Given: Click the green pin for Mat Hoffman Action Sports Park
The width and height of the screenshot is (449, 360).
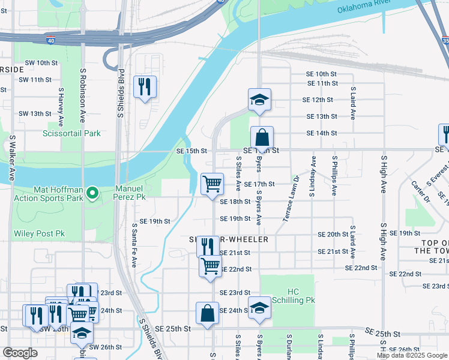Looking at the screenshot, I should point(92,193).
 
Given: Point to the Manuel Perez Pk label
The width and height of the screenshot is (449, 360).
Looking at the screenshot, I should point(130,192).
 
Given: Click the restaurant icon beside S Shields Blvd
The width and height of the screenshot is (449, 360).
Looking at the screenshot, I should point(145,86).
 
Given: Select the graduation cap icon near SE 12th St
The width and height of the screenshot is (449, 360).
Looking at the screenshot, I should point(259,99).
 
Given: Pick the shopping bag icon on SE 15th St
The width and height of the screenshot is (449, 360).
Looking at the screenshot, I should point(262,137).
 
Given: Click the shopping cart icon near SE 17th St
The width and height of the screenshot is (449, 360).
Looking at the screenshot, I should point(212,184).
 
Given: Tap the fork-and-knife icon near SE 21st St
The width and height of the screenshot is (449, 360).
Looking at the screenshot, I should point(208,246).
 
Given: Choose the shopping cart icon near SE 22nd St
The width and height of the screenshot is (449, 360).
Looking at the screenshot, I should point(210,265).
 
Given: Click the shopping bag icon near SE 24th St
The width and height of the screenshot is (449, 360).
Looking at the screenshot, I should point(207,313).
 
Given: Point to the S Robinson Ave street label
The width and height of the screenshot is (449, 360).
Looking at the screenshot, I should point(83,88).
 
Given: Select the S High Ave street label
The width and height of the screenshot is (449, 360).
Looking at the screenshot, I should point(382,174).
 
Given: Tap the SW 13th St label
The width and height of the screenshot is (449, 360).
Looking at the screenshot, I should point(35,113).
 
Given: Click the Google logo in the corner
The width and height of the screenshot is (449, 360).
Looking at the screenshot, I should point(19,353).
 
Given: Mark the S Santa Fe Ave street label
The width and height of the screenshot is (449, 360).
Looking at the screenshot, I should point(134,245).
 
